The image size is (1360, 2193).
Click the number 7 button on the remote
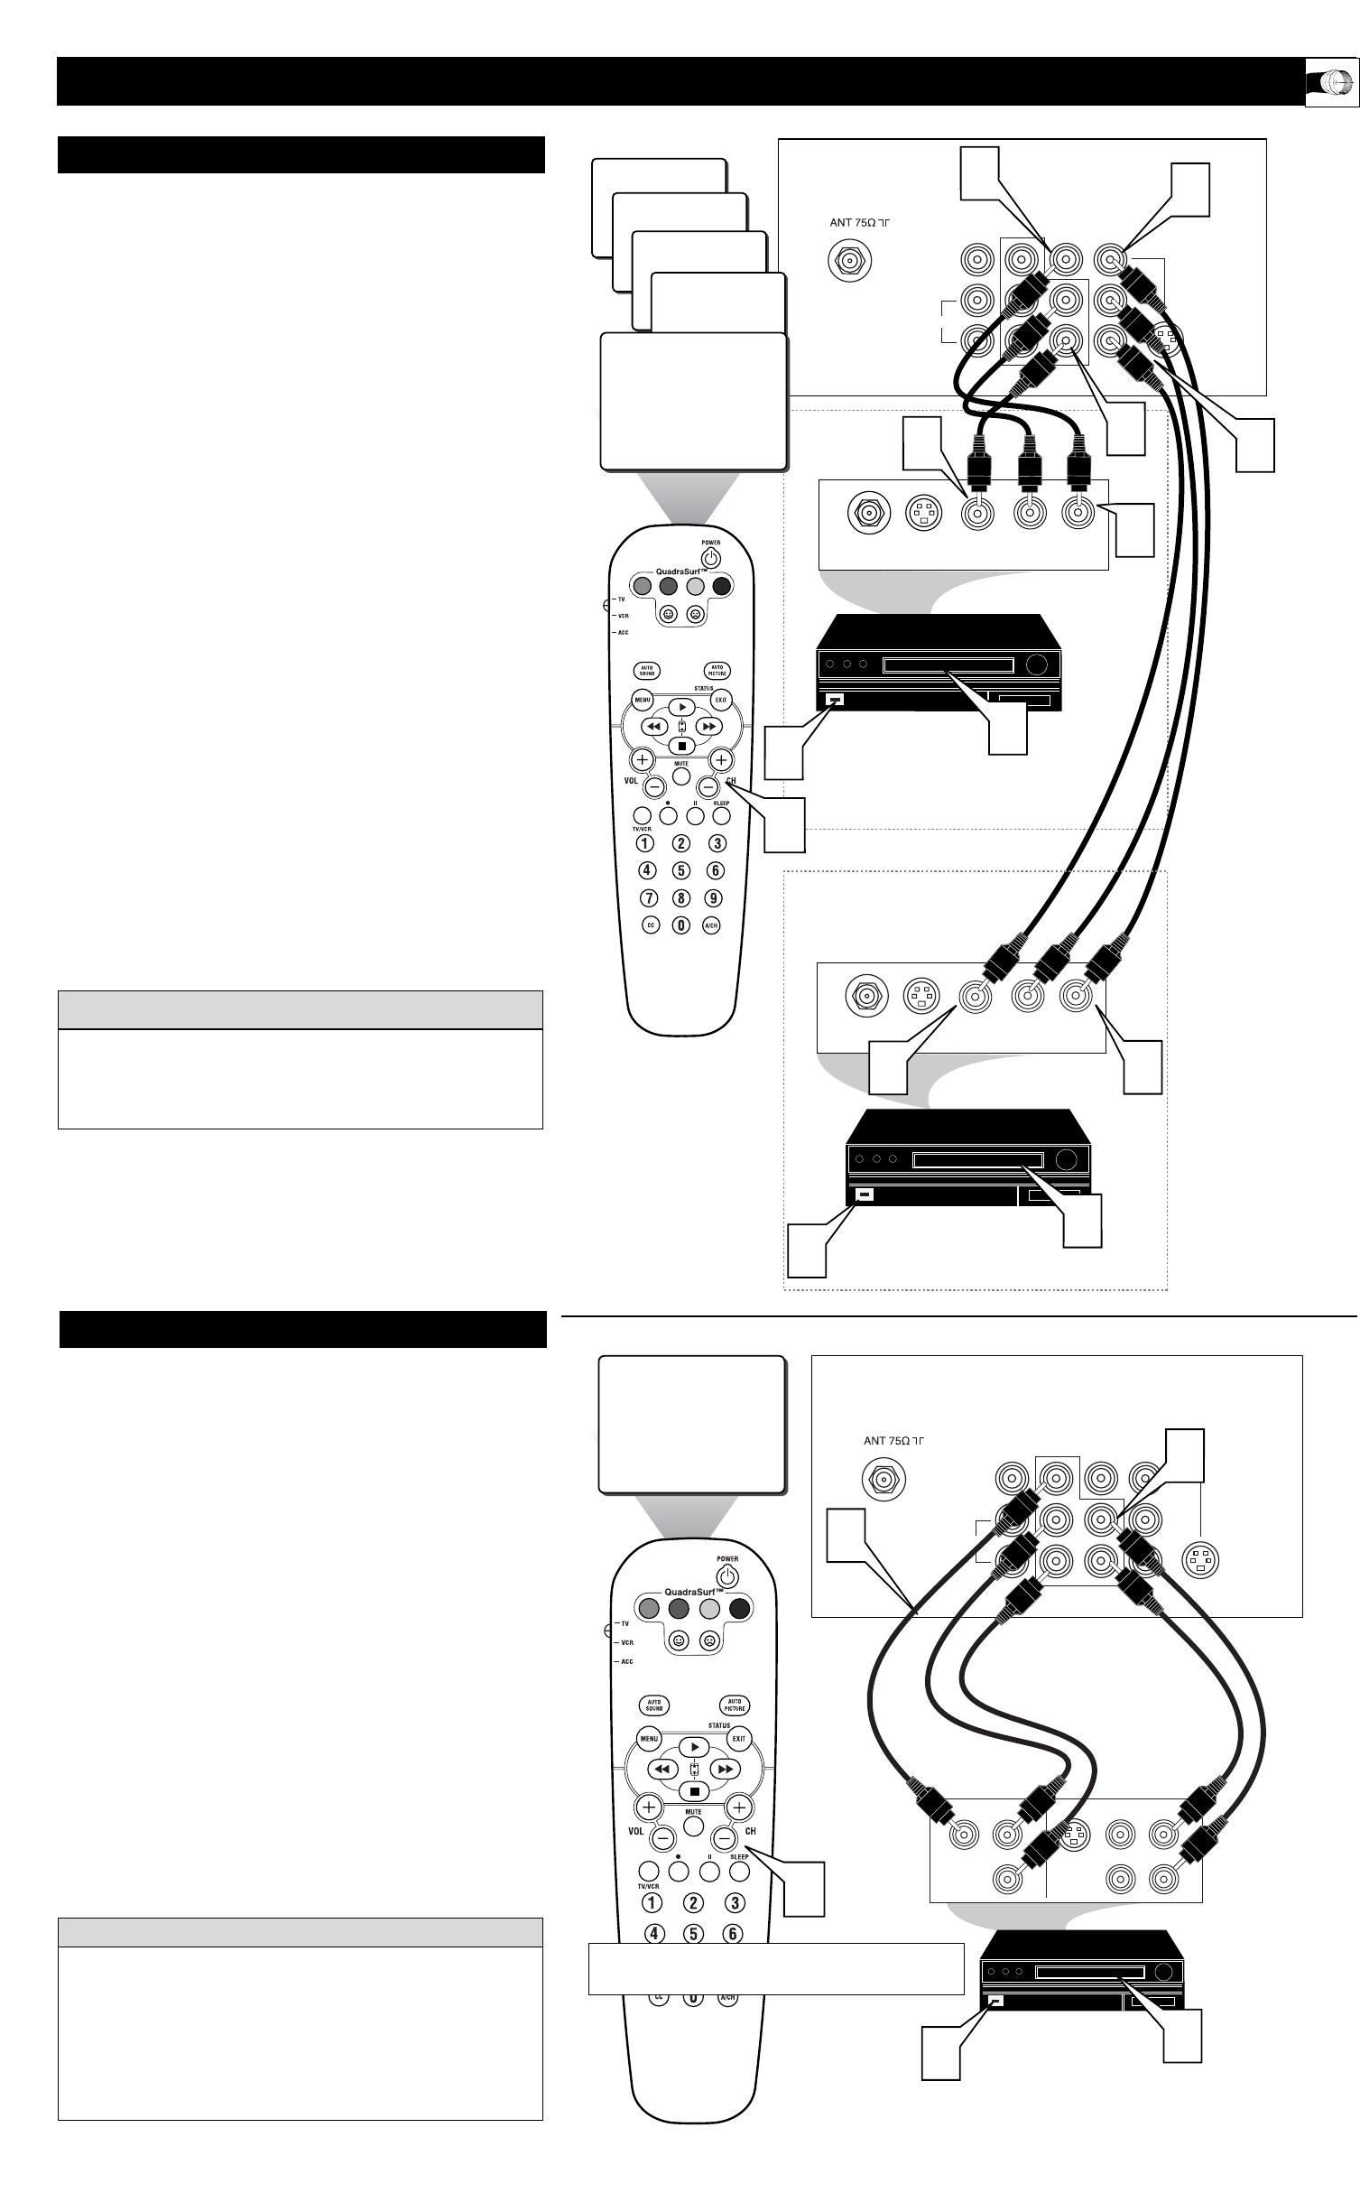(x=647, y=898)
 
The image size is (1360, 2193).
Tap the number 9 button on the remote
(x=714, y=898)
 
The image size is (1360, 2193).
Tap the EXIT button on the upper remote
(x=721, y=699)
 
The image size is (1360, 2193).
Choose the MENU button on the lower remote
(x=650, y=1738)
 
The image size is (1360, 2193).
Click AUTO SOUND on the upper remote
(x=649, y=671)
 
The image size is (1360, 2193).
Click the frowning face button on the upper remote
(x=696, y=614)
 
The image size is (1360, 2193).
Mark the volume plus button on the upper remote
(x=642, y=759)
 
